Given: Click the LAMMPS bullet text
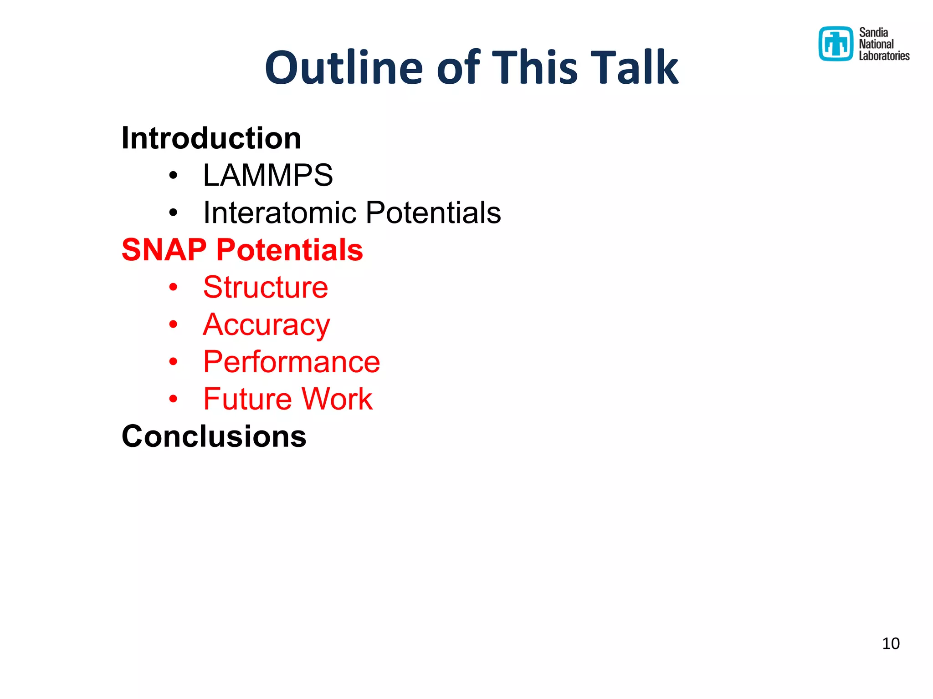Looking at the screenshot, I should pos(268,175).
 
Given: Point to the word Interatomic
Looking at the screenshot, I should pos(279,213).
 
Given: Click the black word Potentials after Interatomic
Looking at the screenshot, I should pos(433,213).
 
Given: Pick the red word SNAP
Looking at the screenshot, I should pos(164,250).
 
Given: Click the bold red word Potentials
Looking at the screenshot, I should pos(289,250).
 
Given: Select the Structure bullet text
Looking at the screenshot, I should pos(266,287).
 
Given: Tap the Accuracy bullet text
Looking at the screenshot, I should pos(267,325).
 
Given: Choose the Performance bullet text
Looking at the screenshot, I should pos(292,362).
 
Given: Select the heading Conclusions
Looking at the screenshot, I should pos(214,436).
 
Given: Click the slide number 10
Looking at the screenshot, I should pos(891,643).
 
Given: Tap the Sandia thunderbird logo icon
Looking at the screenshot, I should pos(836,44).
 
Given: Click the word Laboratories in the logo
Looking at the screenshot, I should pos(884,56).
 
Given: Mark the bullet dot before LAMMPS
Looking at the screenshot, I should pos(173,176).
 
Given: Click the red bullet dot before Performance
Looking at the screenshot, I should pos(173,362).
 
